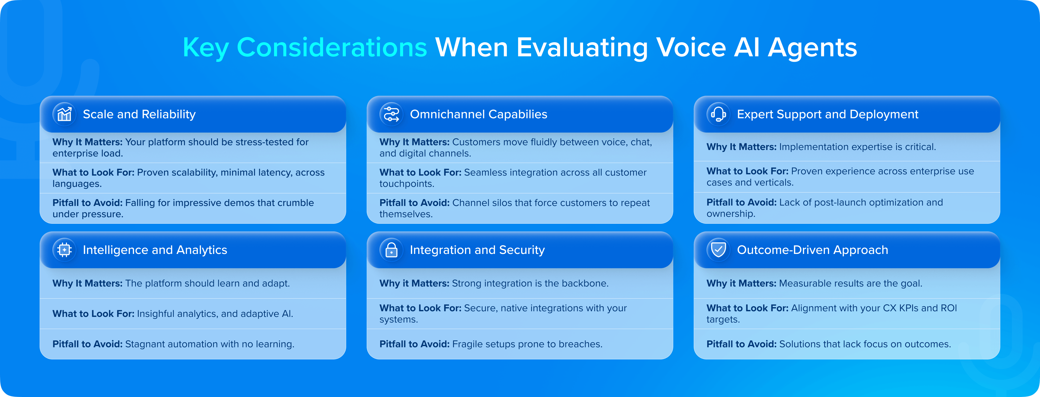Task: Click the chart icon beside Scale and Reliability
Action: pos(64,114)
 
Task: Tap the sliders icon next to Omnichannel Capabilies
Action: pos(391,114)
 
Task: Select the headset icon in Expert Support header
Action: pos(718,114)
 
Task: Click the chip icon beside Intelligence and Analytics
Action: pos(64,250)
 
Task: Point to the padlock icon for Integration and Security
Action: pos(391,250)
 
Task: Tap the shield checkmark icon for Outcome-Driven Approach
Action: pos(718,250)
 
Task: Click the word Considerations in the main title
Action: pos(332,48)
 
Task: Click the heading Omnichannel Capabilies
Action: pos(478,114)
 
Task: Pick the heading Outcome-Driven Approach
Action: pos(812,250)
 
